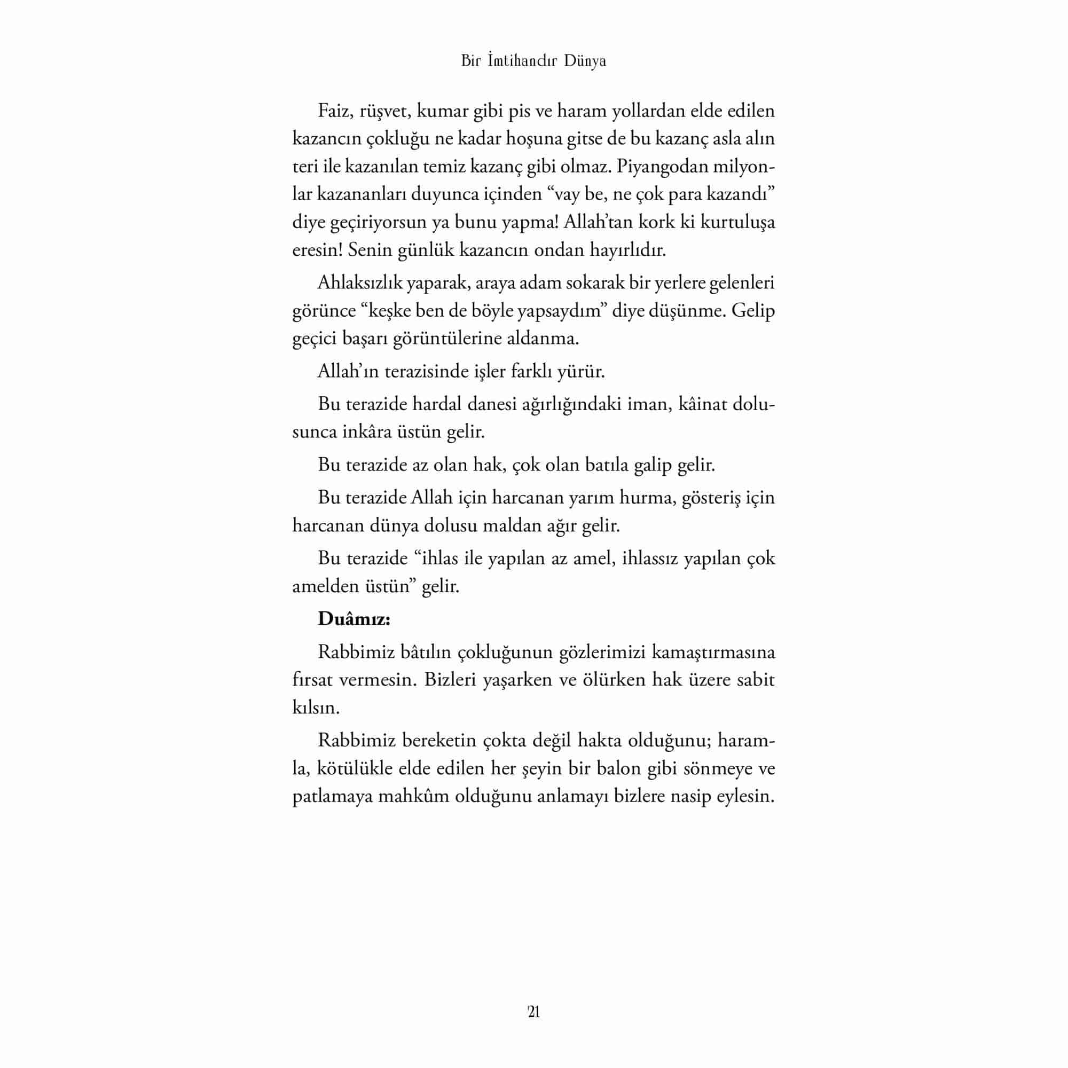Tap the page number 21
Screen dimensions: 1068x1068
533,1012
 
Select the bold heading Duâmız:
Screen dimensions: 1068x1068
354,618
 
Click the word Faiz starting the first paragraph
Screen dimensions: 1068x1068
334,111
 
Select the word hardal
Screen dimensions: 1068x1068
437,404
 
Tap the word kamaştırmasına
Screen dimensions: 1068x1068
713,653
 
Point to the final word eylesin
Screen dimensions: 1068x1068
745,797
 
